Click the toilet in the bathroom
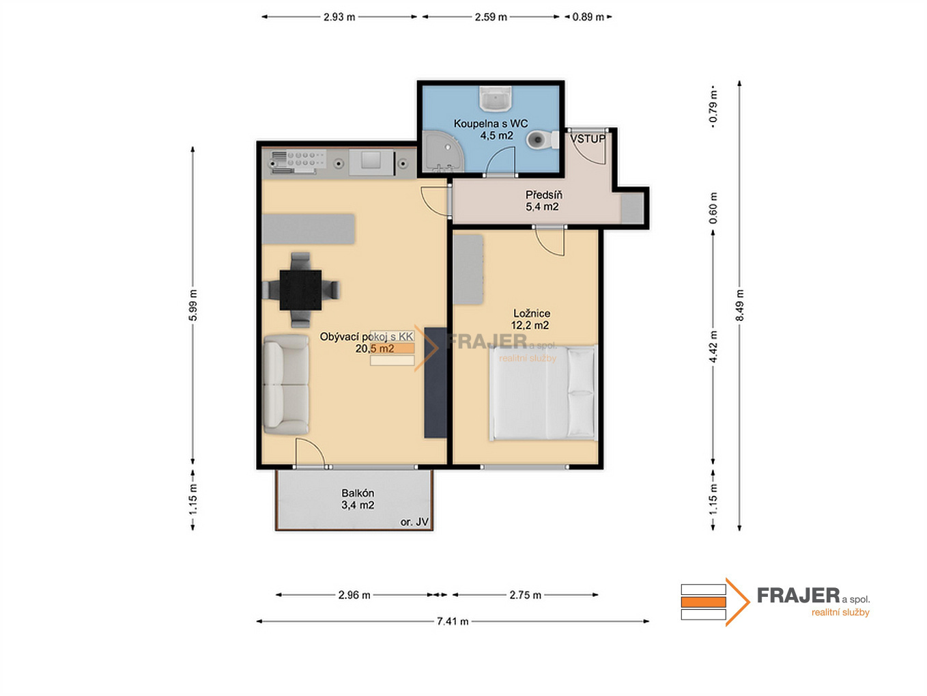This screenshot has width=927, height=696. (x=542, y=140)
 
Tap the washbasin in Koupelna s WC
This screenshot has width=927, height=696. (x=496, y=99)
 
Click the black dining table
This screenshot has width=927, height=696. (x=300, y=290)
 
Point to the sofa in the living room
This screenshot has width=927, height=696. (x=286, y=385)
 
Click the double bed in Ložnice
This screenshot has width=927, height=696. (x=543, y=393)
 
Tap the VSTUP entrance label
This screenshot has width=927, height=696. (x=588, y=139)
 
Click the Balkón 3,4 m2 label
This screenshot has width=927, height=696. (x=358, y=499)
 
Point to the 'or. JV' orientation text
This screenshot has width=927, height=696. (x=414, y=523)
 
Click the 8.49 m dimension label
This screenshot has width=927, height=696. (x=739, y=305)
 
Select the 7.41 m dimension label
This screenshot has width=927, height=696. (x=453, y=621)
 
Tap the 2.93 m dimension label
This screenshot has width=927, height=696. (x=339, y=17)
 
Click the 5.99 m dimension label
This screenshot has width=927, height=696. (x=192, y=305)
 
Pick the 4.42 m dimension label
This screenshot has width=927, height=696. (x=713, y=346)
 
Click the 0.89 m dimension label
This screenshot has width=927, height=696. (x=588, y=17)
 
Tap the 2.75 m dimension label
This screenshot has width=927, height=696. (x=525, y=595)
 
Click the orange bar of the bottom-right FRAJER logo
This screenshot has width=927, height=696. (x=703, y=602)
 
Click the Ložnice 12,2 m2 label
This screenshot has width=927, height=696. (x=530, y=319)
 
